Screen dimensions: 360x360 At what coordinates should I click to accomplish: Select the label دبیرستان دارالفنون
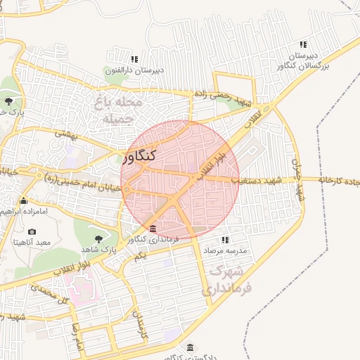[134, 70]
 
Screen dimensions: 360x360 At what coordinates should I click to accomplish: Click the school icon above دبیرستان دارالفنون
[134, 58]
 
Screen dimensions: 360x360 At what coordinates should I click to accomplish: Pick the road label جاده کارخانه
[337, 181]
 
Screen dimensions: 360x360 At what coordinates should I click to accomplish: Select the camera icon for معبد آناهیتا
[32, 232]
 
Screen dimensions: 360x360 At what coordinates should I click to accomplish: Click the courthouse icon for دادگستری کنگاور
[191, 347]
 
